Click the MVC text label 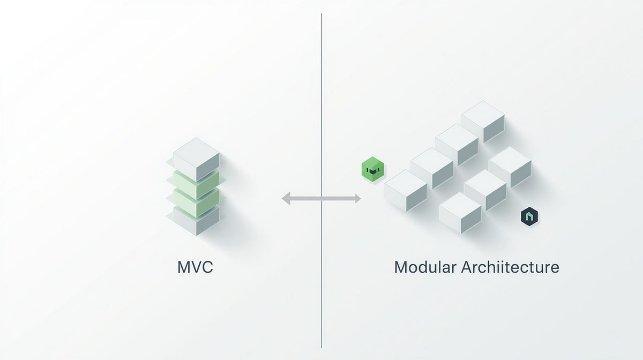coord(195,267)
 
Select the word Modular coord(424,267)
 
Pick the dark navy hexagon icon coord(529,216)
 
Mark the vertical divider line coord(322,107)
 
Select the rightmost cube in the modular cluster coord(510,167)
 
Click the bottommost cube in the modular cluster coord(460,213)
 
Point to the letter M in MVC coord(183,267)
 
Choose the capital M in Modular coord(400,267)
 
